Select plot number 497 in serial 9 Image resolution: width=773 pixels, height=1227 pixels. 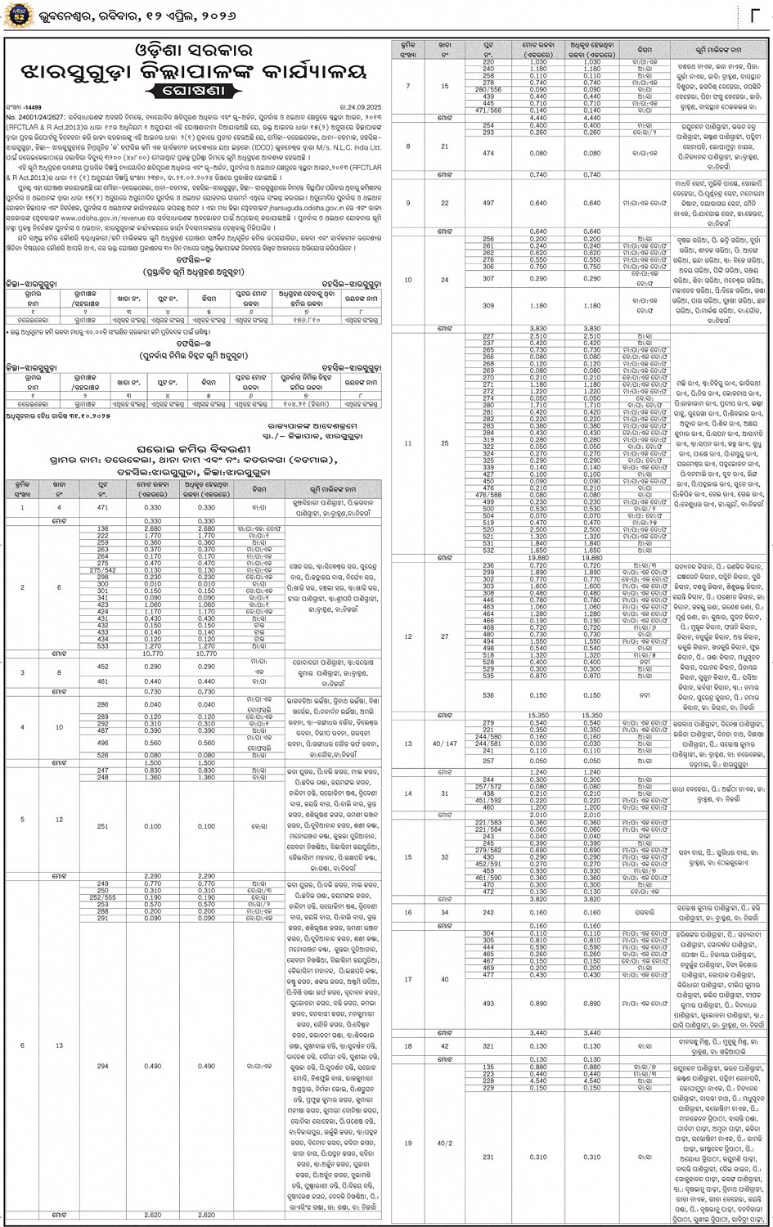tap(488, 203)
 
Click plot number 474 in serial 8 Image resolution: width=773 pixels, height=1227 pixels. tap(488, 153)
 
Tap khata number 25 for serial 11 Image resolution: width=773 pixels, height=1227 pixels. tap(444, 443)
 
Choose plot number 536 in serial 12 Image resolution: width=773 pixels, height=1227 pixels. tap(488, 695)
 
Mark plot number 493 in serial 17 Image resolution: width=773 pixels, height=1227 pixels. tap(488, 1004)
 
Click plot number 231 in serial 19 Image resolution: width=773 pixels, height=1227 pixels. tap(488, 1157)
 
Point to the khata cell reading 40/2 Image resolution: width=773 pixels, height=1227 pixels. tap(444, 1143)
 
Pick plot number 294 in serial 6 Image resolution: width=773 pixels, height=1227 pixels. tap(102, 1067)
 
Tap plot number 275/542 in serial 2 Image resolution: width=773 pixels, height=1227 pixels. tap(102, 569)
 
